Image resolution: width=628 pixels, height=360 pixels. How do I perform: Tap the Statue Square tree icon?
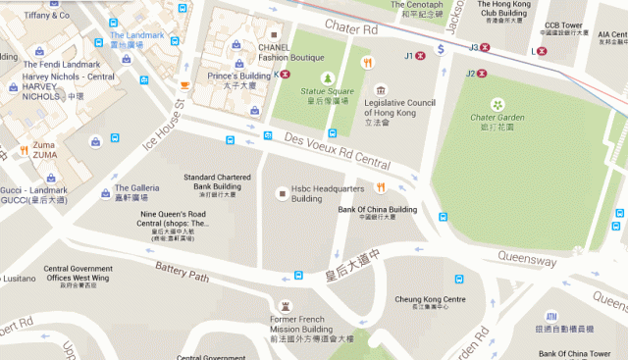pyautogui.click(x=328, y=77)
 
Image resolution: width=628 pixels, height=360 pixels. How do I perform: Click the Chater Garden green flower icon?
pyautogui.click(x=497, y=104)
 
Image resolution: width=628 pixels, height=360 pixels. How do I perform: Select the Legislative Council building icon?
pyautogui.click(x=381, y=90)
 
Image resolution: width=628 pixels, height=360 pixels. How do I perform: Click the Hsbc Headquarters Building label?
pyautogui.click(x=321, y=193)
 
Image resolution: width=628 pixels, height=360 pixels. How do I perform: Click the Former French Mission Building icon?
pyautogui.click(x=286, y=306)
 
